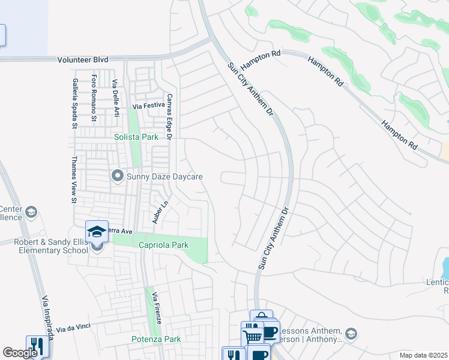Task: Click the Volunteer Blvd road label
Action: [x=83, y=60]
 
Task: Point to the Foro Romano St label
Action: [x=94, y=97]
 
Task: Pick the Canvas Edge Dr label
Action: [x=169, y=116]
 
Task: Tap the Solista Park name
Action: [x=136, y=137]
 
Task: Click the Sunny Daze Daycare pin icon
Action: [x=117, y=176]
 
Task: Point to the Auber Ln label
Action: [x=157, y=212]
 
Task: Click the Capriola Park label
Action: [x=164, y=245]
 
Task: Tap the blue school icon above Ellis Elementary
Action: [x=97, y=231]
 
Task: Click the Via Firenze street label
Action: [x=156, y=308]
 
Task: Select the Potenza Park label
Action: [x=156, y=339]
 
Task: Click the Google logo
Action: [x=19, y=353]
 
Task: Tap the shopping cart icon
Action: [x=252, y=334]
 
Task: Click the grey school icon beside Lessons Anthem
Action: [x=351, y=334]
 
